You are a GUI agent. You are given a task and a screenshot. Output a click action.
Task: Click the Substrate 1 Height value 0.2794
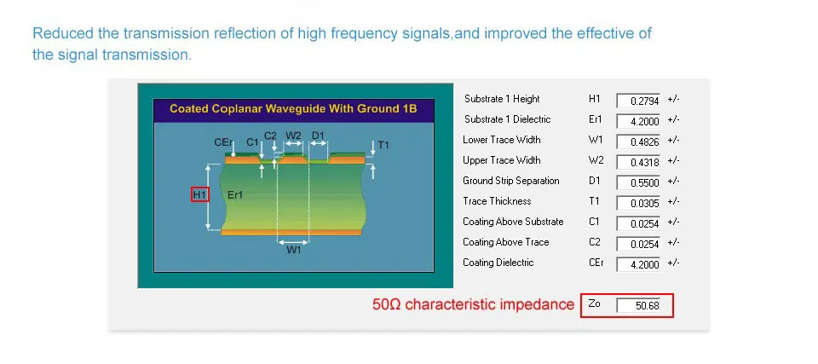pos(638,101)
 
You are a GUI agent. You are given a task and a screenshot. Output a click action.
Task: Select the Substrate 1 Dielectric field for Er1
pos(638,121)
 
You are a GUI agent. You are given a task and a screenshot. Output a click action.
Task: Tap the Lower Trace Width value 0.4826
pos(638,142)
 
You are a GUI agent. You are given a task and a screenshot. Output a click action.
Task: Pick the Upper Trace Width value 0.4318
pos(638,162)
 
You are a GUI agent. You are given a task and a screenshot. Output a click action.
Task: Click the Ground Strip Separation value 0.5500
pos(638,182)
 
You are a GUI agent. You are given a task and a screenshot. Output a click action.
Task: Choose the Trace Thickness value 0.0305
pos(638,203)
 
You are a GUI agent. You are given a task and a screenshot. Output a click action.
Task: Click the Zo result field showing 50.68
pos(638,305)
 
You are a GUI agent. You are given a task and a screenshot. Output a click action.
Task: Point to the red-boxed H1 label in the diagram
pos(200,195)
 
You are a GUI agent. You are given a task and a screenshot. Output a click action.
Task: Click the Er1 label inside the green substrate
pos(235,195)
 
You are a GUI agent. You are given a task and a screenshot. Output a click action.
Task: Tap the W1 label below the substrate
pos(294,250)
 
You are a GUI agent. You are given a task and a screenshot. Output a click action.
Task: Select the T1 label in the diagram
pos(383,145)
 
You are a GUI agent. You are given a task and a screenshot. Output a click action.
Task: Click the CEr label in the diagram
pos(223,142)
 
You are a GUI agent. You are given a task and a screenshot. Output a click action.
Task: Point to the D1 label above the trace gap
pos(318,136)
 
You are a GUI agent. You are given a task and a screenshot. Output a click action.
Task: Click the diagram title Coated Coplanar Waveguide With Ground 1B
pos(294,108)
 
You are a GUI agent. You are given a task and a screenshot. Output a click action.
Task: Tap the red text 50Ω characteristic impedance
pos(473,304)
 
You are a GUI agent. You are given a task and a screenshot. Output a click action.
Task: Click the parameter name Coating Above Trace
pos(505,242)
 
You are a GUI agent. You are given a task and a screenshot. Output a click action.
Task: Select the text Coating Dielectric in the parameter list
pos(498,263)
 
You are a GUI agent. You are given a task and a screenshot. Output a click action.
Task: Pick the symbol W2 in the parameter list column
pos(596,159)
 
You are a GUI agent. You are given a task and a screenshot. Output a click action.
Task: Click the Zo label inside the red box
pos(594,303)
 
